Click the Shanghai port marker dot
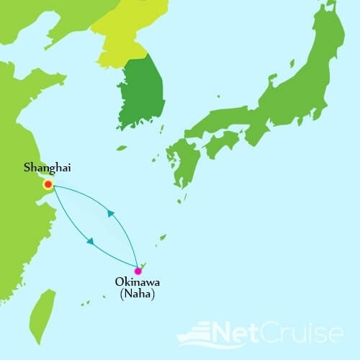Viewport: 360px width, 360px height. tap(48, 184)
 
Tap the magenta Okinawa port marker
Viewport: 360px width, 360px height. tap(138, 271)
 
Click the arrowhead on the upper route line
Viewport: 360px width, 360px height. tap(110, 213)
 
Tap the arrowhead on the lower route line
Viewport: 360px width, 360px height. tap(89, 240)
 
